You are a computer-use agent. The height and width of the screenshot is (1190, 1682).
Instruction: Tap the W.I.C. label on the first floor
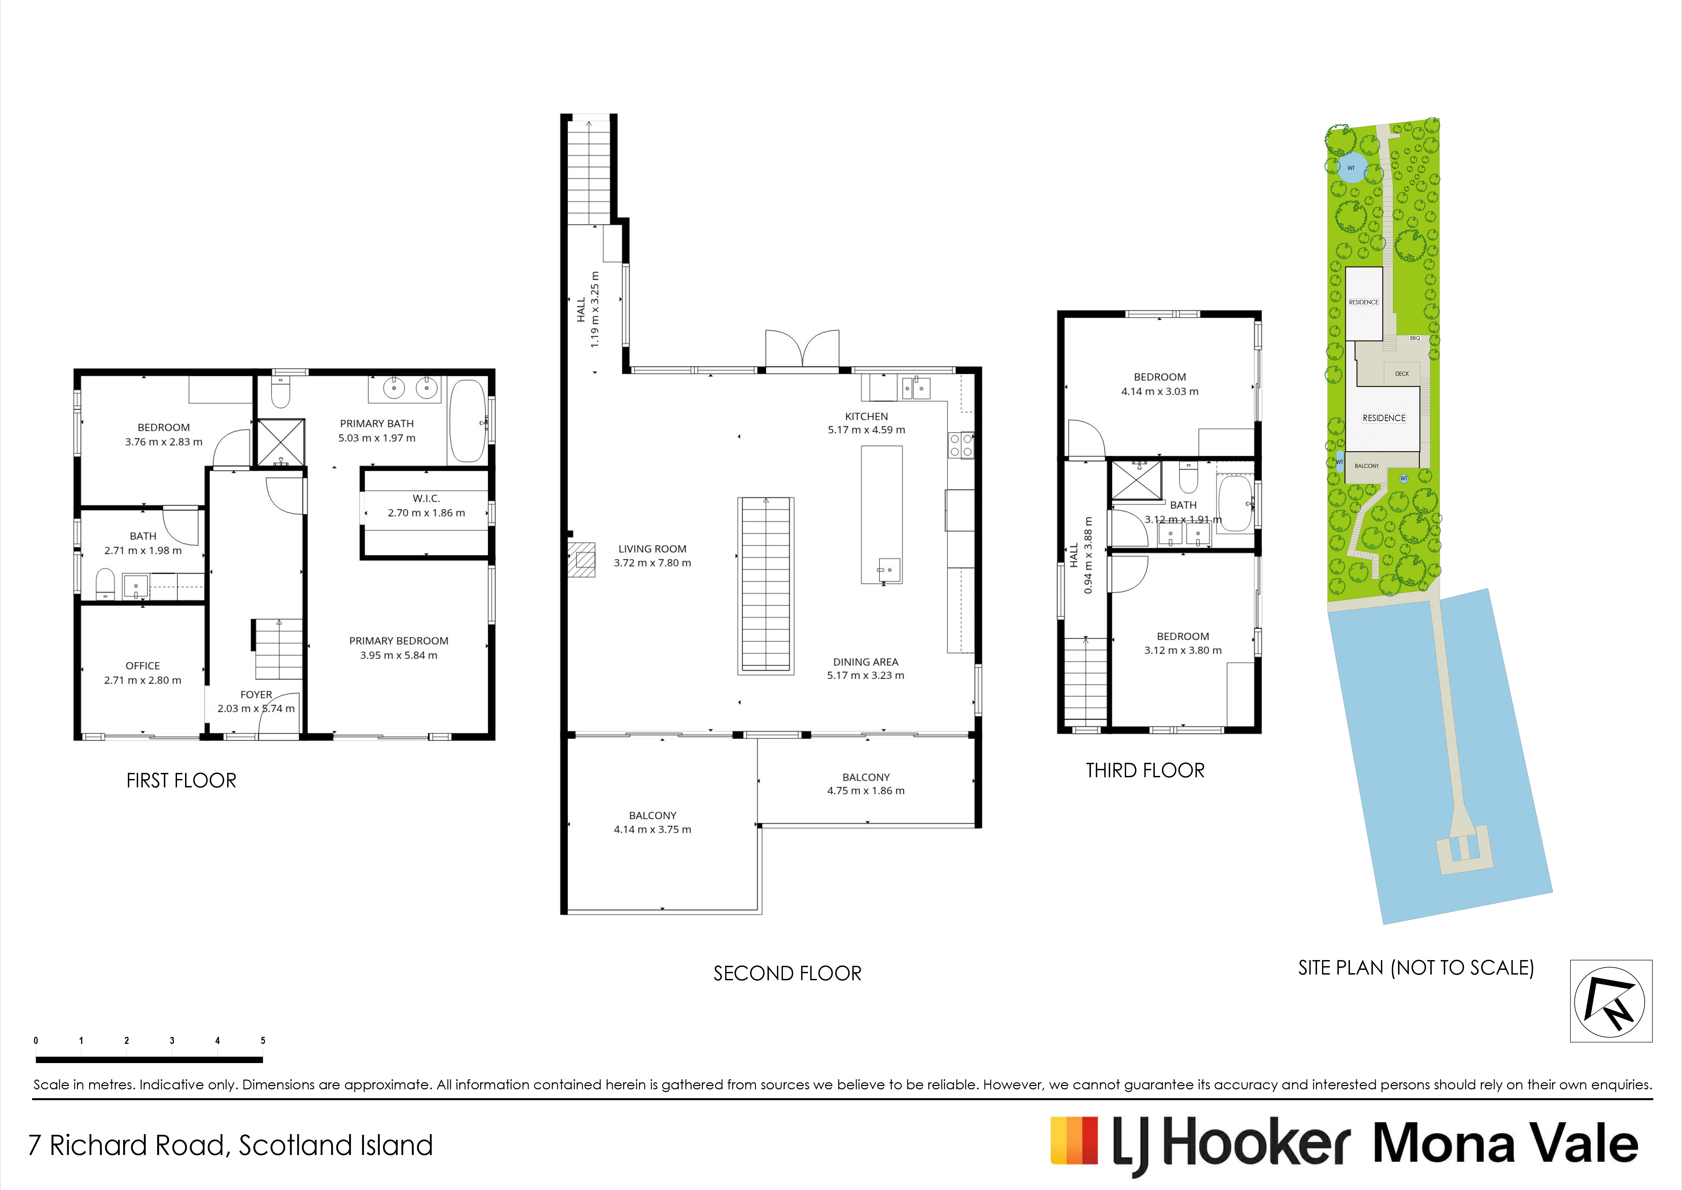[x=426, y=498]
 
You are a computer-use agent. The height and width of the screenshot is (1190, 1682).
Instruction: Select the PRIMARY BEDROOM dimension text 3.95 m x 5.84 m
[x=398, y=655]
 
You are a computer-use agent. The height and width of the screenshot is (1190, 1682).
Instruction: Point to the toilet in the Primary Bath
[x=281, y=392]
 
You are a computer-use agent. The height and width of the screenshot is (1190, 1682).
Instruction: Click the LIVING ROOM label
[x=652, y=549]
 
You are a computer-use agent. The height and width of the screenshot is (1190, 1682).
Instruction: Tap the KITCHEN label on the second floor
[x=867, y=416]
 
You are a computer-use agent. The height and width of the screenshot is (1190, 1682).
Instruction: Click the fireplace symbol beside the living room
[x=582, y=559]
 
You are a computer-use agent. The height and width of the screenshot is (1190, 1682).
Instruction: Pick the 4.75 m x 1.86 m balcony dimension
[x=866, y=791]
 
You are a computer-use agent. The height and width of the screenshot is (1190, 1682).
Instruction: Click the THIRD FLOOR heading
[x=1145, y=770]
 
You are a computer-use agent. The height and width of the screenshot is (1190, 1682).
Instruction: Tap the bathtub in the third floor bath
[x=1235, y=503]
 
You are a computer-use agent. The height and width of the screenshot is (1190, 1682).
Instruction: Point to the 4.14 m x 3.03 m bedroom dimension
[x=1160, y=391]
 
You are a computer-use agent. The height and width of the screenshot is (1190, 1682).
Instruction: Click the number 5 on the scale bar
[x=263, y=1041]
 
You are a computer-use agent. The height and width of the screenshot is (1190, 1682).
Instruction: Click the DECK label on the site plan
[x=1401, y=374]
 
